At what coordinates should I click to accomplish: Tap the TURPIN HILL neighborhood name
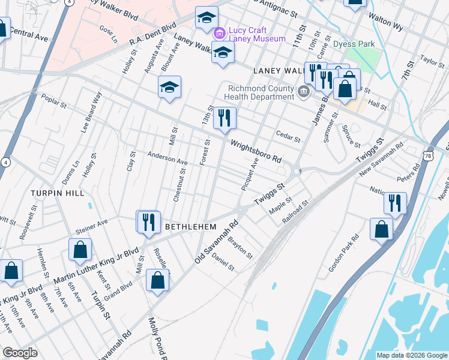point(59,193)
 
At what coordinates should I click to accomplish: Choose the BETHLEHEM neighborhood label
point(190,227)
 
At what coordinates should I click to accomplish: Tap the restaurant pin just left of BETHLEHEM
point(147,222)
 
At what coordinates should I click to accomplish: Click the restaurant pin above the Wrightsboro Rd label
point(224,118)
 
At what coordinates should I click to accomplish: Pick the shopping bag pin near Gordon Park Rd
point(381,230)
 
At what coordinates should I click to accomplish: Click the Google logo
point(20,353)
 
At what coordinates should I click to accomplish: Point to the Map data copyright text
point(411,355)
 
